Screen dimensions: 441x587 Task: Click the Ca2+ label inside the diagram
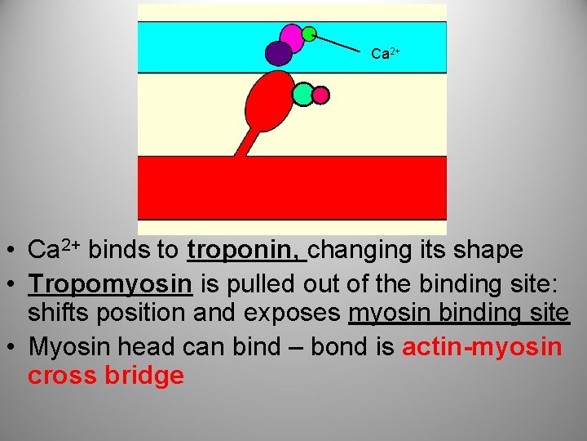384,54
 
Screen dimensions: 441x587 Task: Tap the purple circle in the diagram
279,53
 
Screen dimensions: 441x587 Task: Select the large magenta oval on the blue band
292,37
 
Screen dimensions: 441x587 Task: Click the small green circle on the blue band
310,33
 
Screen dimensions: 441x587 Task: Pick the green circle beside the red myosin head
303,95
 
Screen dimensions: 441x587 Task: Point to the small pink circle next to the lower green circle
321,96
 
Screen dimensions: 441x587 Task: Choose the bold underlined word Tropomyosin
110,283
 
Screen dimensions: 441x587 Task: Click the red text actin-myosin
482,347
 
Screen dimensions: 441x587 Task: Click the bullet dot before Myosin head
15,348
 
